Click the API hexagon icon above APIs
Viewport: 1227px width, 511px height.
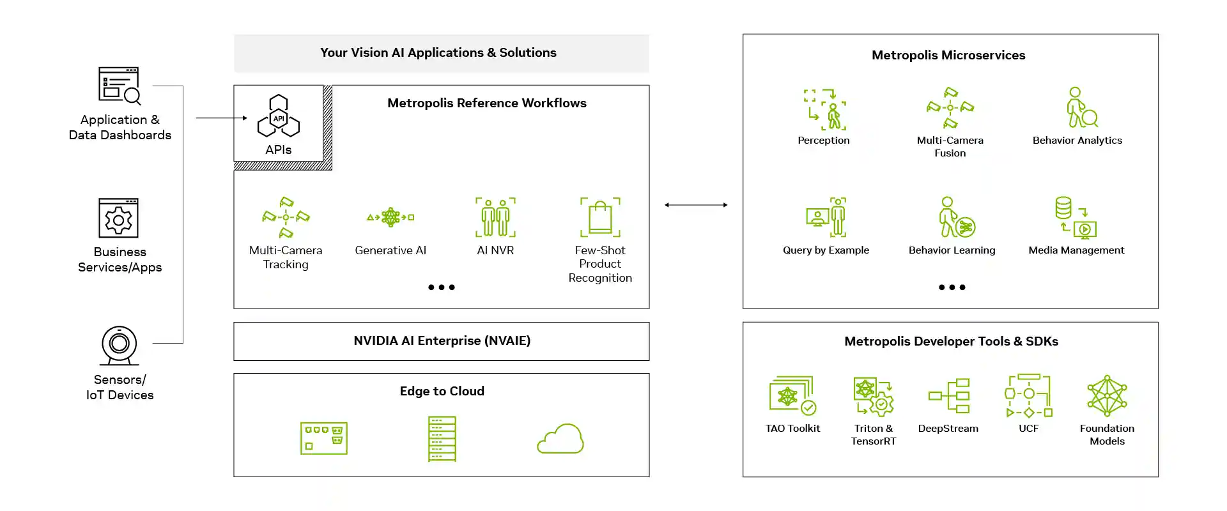[279, 116]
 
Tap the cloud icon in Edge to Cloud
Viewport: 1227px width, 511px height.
[560, 439]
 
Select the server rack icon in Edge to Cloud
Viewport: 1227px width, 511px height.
[442, 439]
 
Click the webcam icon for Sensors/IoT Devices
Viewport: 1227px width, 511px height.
[120, 345]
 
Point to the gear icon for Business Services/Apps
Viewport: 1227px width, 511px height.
[119, 219]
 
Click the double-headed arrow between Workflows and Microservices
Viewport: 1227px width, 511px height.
[696, 205]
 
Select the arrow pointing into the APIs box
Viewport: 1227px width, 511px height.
[221, 118]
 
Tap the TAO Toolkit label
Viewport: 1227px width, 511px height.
[792, 429]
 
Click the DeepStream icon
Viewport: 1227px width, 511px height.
[949, 395]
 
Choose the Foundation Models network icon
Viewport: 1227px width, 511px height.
[1107, 396]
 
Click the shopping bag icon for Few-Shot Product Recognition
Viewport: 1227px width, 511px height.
[600, 217]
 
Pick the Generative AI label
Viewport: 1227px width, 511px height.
[390, 250]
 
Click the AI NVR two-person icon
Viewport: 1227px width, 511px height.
[495, 217]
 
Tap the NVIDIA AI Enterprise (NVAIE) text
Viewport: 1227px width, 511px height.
[442, 341]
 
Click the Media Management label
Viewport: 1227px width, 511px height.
[1076, 250]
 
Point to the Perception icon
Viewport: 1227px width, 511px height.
[824, 109]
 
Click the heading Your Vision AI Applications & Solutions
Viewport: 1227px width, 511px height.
[438, 53]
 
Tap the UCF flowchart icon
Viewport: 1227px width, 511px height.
[1028, 395]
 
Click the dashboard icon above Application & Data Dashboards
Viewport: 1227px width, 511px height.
[120, 86]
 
